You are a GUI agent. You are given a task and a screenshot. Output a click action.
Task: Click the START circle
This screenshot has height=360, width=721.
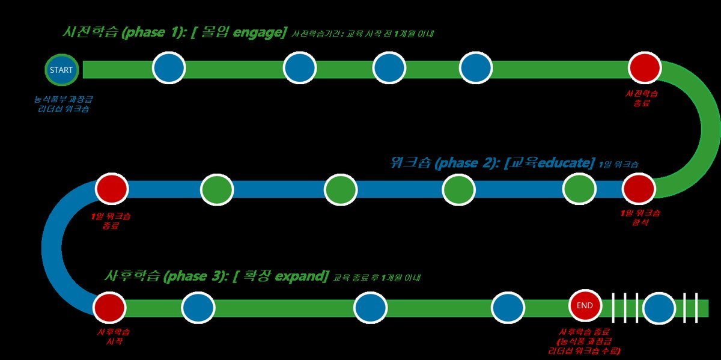pos(61,70)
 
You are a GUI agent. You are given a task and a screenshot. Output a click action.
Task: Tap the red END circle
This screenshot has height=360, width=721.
pos(585,305)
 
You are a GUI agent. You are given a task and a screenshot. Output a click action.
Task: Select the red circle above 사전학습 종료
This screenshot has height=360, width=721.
pos(644,68)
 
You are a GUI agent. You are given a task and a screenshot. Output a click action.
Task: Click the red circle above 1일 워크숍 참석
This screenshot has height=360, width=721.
pos(638,189)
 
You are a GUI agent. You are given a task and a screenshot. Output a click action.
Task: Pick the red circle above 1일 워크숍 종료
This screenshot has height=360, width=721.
pos(112,188)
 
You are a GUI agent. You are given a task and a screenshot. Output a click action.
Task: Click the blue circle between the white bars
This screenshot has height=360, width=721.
pos(659,308)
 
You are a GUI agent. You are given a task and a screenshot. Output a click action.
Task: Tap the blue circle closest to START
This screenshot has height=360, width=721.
pos(169,68)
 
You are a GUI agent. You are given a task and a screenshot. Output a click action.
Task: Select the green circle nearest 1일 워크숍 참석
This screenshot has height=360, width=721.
pos(579,189)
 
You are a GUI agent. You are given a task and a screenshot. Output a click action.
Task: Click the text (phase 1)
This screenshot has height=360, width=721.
pos(153,33)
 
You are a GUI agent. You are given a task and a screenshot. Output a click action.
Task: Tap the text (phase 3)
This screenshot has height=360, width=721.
pos(196,276)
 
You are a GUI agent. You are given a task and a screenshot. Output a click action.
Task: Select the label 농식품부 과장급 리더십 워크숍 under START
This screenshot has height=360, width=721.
pos(64,105)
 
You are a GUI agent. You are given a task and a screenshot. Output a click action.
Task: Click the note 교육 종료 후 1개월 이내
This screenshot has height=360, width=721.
pos(377,278)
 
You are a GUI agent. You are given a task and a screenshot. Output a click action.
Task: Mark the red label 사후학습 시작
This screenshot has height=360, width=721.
pos(113,337)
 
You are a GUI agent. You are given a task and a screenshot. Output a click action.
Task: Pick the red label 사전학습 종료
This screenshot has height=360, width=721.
pos(642,98)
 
